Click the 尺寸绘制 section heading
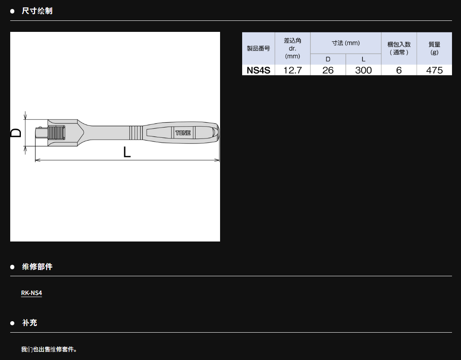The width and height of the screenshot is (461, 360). [x=37, y=11]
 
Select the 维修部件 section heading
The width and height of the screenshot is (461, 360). [x=37, y=266]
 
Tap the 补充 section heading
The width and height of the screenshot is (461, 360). [x=29, y=323]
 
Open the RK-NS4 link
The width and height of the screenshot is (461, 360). [x=31, y=293]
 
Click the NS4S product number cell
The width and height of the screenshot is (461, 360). [x=259, y=70]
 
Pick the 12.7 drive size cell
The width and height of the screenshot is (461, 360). [x=292, y=70]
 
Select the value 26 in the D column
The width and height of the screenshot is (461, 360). [x=328, y=70]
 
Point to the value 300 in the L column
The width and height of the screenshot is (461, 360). [x=363, y=70]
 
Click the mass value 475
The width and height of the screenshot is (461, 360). [x=434, y=70]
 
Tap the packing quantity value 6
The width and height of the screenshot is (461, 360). [x=399, y=70]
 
